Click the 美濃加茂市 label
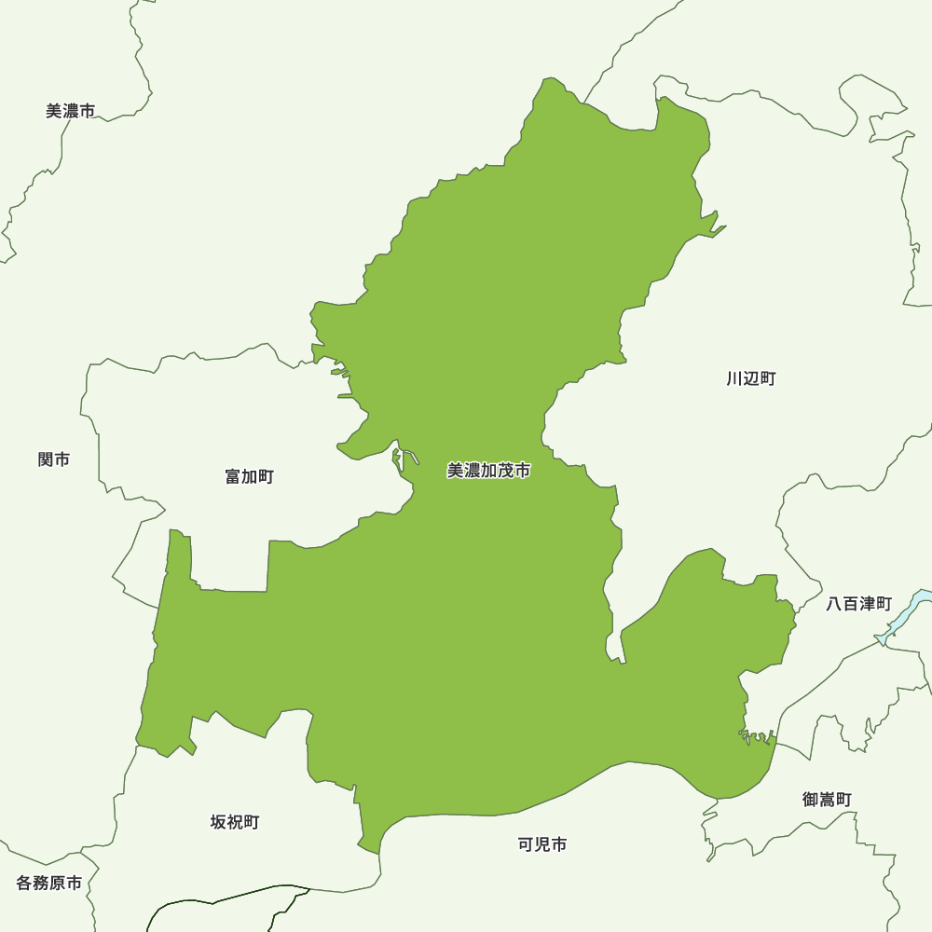point(488,472)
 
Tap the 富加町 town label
point(250,477)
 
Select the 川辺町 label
point(751,378)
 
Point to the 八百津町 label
point(859,604)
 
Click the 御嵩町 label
point(827,800)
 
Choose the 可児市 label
point(542,845)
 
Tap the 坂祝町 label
point(235,822)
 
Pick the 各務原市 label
point(49,883)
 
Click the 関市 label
point(54,459)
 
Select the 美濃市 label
point(70,111)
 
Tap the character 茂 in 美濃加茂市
point(506,472)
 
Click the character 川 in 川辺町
point(735,378)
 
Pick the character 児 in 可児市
point(542,845)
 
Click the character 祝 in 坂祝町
point(235,822)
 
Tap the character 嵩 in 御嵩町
point(827,800)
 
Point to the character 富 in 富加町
point(234,477)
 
